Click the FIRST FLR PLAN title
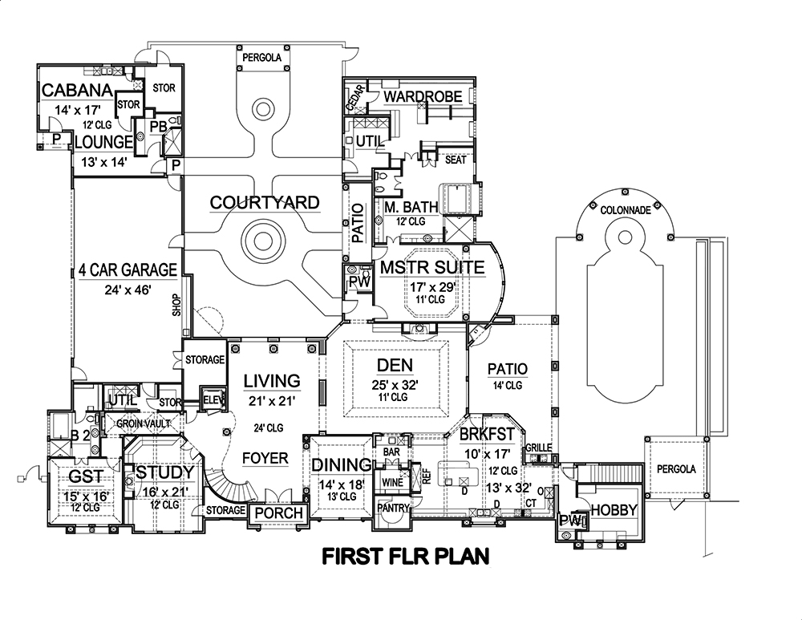[405, 555]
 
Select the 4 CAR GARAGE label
[128, 269]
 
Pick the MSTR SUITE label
[432, 267]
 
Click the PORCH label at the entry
[277, 513]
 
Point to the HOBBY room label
[613, 510]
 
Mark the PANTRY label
[394, 508]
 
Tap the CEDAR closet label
[350, 99]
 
